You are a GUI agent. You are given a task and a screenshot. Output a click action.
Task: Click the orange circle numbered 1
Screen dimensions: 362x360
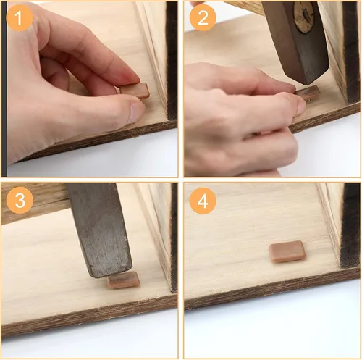20,17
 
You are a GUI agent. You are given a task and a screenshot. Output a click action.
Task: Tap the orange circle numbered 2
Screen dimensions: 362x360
203,17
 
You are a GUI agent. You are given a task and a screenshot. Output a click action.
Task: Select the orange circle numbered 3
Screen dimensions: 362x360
20,200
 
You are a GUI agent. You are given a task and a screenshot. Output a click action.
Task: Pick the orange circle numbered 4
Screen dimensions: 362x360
203,201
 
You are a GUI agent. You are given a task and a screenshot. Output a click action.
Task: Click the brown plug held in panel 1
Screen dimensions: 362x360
135,91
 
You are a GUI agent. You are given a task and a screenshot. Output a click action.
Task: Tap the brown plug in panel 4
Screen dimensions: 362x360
287,251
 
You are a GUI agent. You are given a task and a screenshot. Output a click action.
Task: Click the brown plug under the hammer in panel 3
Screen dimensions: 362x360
123,280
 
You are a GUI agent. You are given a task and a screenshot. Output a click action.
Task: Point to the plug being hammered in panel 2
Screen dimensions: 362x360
308,93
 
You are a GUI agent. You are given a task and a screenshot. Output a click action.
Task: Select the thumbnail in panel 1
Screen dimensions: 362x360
137,112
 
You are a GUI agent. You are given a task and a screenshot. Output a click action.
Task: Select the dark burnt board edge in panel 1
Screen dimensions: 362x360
172,60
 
